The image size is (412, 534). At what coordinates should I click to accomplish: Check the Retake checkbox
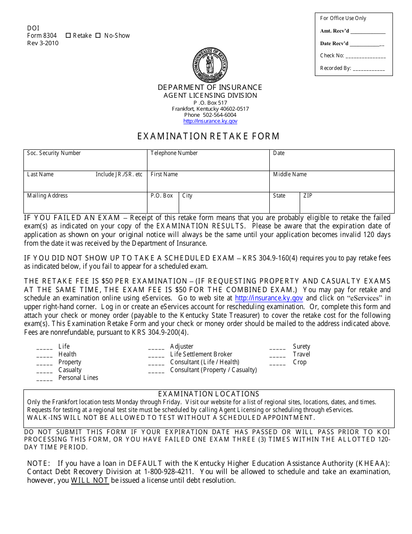[x=68, y=36]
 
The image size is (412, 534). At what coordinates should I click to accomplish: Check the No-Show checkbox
[x=98, y=36]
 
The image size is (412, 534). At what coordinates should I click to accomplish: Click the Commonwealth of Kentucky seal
[x=210, y=65]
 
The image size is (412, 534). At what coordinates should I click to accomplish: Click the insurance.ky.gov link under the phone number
[x=210, y=122]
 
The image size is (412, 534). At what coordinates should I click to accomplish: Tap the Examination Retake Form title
[x=209, y=136]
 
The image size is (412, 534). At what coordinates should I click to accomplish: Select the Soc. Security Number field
[x=85, y=163]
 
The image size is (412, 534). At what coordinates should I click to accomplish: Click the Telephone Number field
[x=208, y=163]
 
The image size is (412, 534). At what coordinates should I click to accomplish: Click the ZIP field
[x=347, y=205]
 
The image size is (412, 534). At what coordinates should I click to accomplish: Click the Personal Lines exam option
[x=78, y=378]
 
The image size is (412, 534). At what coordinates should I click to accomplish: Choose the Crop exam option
[x=299, y=362]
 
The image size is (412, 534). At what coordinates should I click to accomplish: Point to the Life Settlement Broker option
[x=201, y=354]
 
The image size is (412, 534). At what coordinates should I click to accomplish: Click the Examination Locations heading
[x=209, y=394]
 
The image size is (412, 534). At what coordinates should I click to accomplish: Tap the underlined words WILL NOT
[x=90, y=481]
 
